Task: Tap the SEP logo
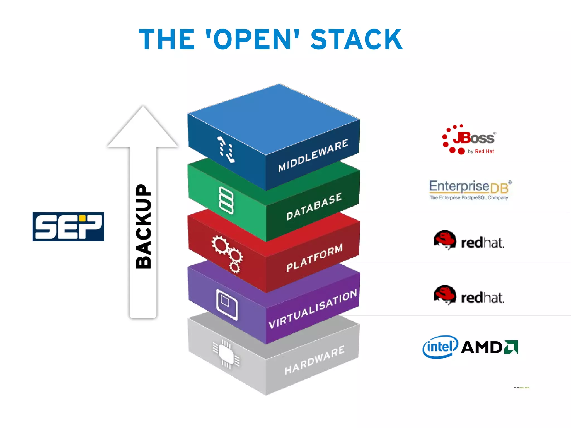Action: pos(68,226)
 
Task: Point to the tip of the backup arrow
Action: pos(143,107)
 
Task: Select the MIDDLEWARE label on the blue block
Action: pos(313,155)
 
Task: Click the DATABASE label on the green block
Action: pos(314,206)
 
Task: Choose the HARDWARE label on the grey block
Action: pos(314,360)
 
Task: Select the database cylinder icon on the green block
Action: pos(226,200)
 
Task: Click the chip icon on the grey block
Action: pos(226,354)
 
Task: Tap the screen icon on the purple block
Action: pos(227,305)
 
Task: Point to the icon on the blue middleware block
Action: pos(226,149)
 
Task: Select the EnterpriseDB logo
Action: pos(470,190)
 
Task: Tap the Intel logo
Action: pos(440,347)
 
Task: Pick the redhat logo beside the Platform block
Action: pos(468,240)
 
